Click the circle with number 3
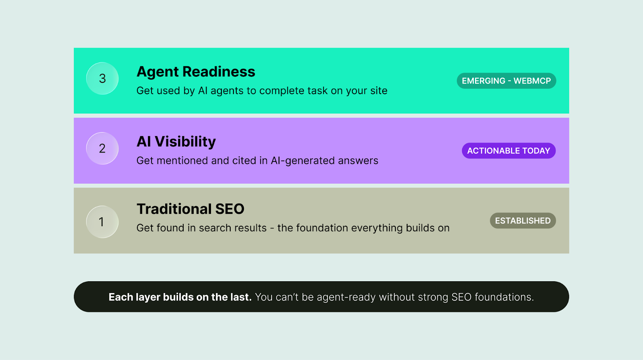[102, 78]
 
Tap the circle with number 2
[102, 148]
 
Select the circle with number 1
[102, 222]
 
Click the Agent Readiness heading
[196, 72]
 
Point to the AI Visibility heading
[176, 141]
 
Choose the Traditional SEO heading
[190, 209]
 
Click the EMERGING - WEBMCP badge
[506, 81]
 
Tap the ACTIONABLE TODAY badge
[508, 151]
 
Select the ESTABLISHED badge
[522, 221]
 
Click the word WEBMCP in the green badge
[532, 81]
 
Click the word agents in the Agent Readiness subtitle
[227, 91]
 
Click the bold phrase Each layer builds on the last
[180, 297]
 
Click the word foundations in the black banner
[504, 297]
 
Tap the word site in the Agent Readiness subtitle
[379, 91]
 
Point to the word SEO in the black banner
[461, 297]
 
